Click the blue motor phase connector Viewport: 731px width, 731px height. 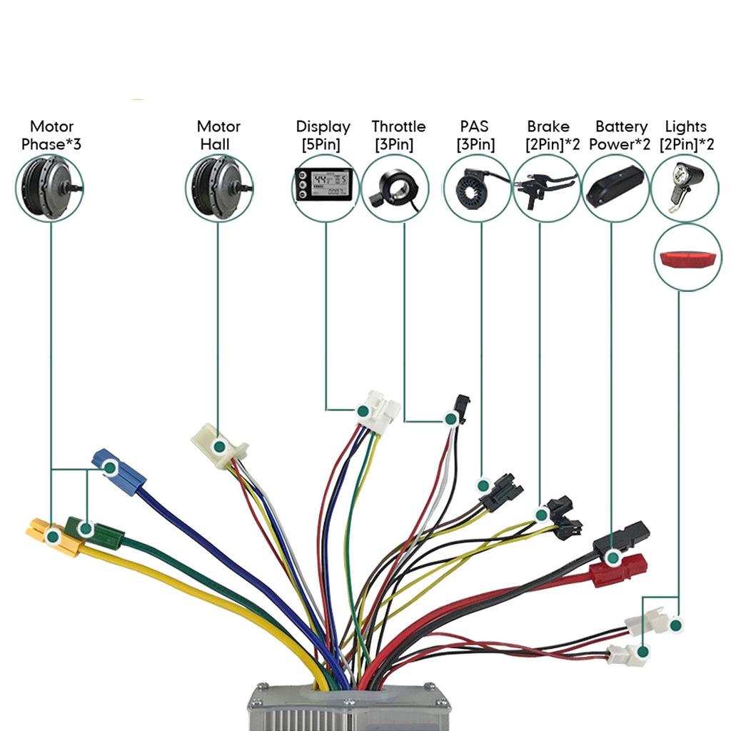coord(120,468)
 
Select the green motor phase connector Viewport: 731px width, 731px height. coord(95,531)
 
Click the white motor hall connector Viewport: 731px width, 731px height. coord(219,445)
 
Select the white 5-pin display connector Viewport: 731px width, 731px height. coord(378,412)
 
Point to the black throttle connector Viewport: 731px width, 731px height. coord(460,410)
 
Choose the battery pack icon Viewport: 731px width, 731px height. coord(615,185)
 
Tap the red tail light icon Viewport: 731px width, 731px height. coord(687,257)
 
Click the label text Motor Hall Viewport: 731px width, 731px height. coord(218,136)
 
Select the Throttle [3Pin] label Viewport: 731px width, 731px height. coord(398,136)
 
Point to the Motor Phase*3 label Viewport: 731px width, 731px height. coord(51,136)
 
